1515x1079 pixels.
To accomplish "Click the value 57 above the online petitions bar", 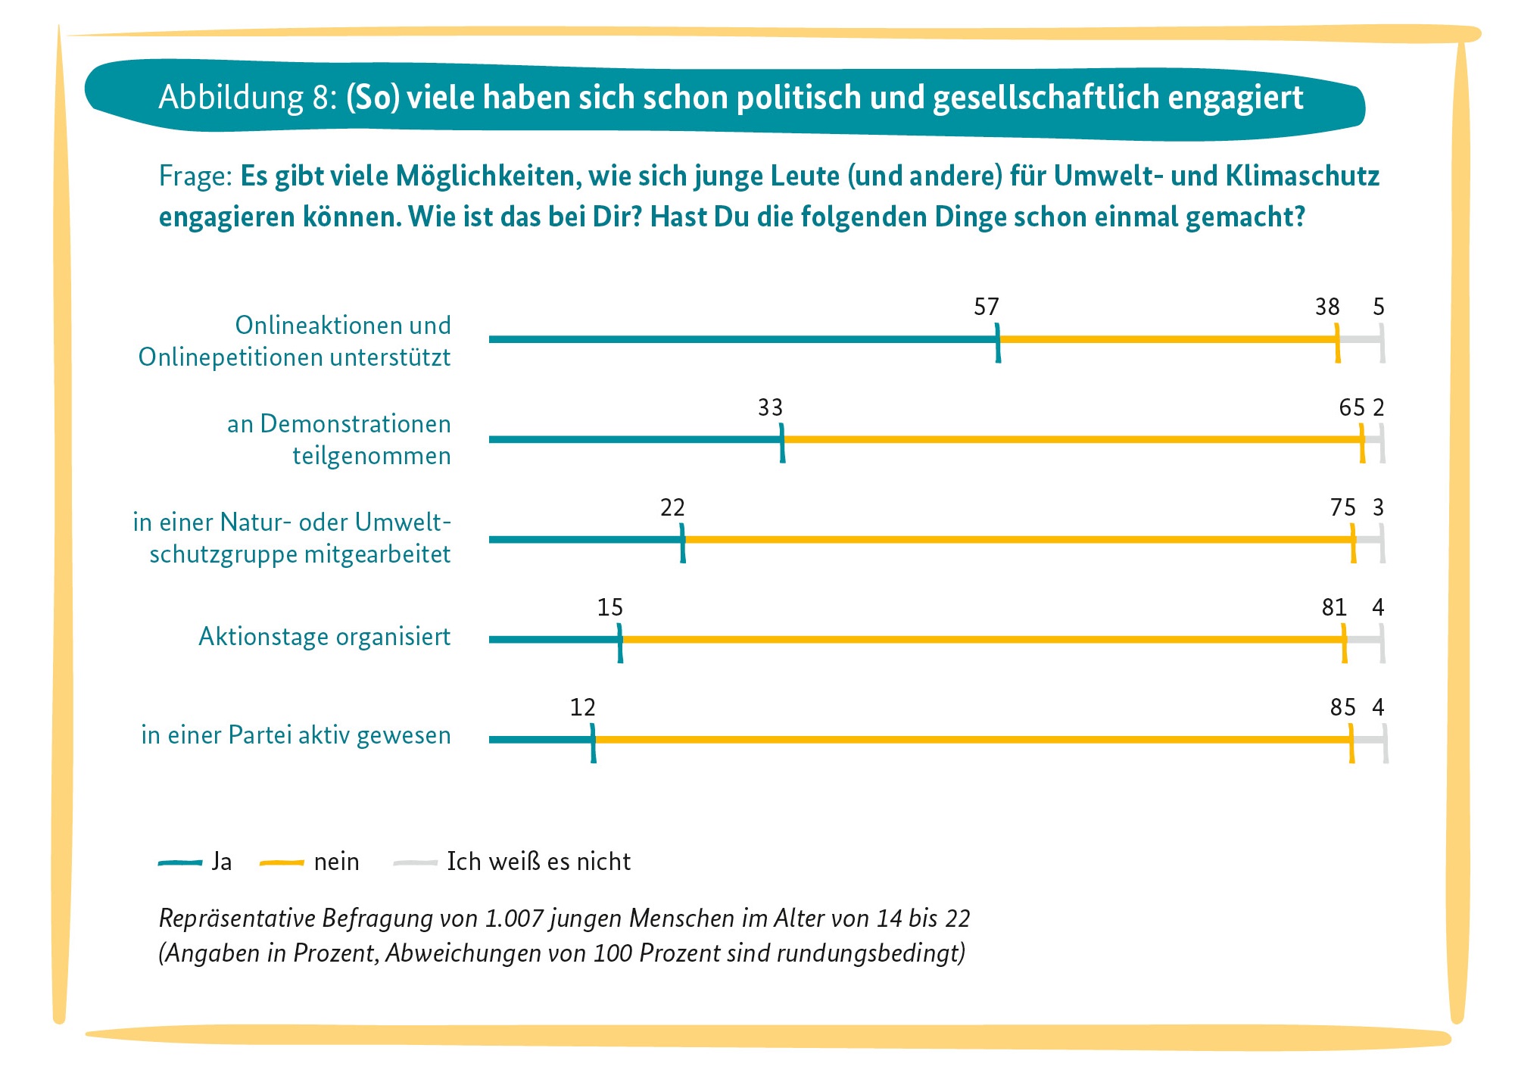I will [986, 307].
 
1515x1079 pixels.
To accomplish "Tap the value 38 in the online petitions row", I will [1327, 307].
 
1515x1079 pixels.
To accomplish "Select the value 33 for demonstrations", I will [770, 407].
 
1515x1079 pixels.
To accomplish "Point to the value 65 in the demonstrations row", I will [1351, 407].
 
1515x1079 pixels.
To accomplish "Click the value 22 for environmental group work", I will [672, 507].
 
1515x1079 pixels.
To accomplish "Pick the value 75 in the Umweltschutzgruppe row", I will [1342, 507].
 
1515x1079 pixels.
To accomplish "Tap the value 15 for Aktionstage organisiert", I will [609, 607].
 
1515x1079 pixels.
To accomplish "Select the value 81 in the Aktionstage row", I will [1334, 607].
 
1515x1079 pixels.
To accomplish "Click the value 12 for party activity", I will [582, 707].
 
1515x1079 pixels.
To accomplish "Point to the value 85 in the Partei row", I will [1342, 707].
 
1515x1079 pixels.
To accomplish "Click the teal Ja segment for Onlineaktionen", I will [742, 339].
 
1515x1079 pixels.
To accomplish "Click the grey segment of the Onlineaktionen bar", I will [1361, 339].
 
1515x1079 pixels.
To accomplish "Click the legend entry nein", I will [310, 862].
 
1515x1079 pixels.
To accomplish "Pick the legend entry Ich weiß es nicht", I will [513, 862].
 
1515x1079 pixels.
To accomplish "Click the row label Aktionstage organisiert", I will [324, 637].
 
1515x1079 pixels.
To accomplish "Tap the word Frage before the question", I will [194, 176].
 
